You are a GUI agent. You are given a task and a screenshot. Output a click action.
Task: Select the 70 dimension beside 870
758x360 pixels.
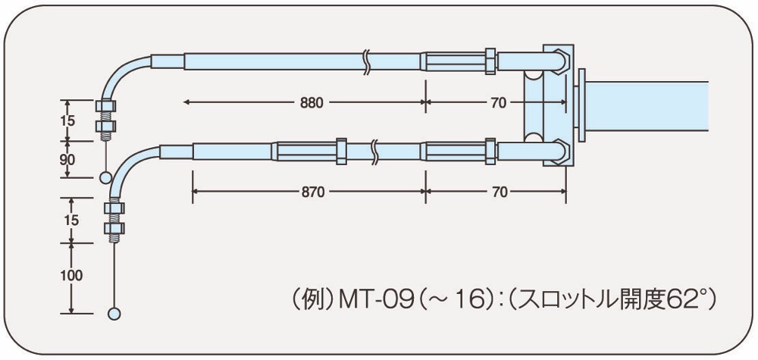click(x=498, y=192)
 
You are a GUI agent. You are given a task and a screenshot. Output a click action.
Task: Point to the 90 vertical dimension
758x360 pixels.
click(x=67, y=159)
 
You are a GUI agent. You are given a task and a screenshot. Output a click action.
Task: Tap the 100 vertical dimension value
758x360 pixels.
click(x=70, y=276)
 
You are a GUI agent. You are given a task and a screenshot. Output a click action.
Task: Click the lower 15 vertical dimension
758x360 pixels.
click(x=70, y=220)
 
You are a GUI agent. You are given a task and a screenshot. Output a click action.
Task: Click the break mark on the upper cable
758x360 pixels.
click(x=367, y=61)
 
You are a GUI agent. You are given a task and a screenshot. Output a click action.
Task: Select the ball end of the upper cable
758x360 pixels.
click(x=106, y=177)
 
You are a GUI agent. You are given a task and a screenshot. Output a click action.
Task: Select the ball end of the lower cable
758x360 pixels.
click(x=115, y=312)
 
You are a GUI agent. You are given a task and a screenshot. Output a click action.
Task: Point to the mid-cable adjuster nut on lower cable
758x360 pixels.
click(x=341, y=150)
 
